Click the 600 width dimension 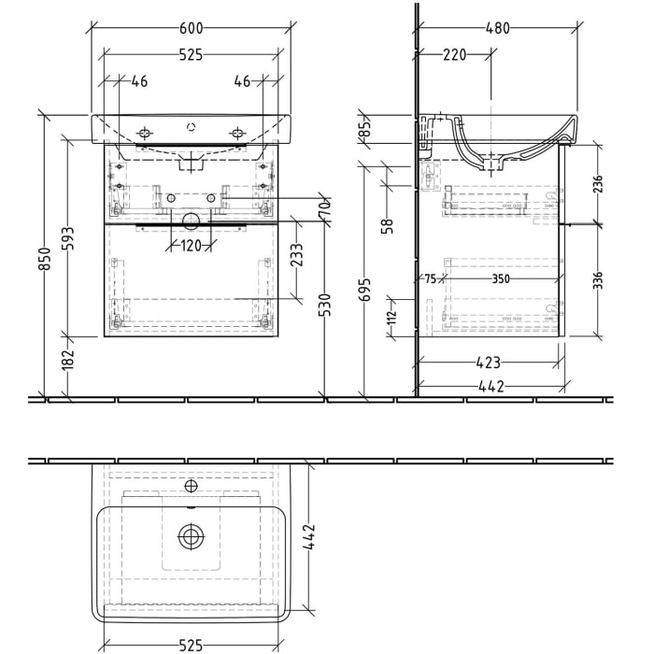point(190,29)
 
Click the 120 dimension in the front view point(190,247)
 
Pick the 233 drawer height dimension point(295,255)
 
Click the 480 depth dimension point(497,29)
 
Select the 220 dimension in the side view point(455,55)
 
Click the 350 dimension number point(502,278)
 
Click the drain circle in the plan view point(191,536)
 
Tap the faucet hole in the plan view point(191,486)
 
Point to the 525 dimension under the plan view point(191,645)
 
